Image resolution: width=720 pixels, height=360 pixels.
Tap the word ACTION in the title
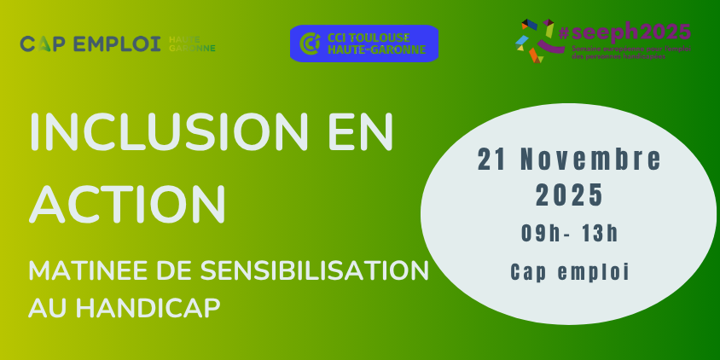(x=127, y=201)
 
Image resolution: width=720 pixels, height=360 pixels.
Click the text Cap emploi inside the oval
(x=569, y=272)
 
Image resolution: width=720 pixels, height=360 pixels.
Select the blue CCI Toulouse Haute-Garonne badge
(x=363, y=44)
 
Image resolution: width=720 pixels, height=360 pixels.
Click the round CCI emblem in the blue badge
(x=310, y=44)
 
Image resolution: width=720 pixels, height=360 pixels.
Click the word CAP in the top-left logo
(x=39, y=44)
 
